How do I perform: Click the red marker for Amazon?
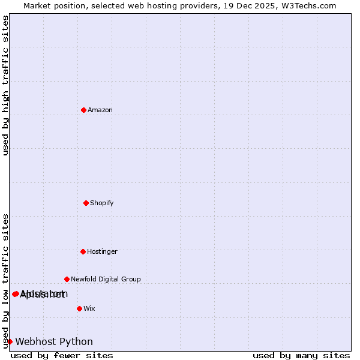coord(83,110)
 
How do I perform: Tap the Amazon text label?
coord(100,110)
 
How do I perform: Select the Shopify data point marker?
coord(86,203)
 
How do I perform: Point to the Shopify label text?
coord(102,203)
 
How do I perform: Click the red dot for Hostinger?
coord(83,251)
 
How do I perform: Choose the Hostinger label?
coord(102,251)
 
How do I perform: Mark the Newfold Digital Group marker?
coord(67,279)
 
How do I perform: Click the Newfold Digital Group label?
coord(106,279)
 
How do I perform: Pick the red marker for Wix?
coord(79,308)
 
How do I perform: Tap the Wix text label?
coord(89,308)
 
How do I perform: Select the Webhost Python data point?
coord(10,341)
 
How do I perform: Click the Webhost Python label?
coord(54,342)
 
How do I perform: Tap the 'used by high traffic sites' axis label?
coord(5,85)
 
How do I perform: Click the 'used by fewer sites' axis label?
coord(62,355)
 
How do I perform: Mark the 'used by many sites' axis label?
coord(301,355)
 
